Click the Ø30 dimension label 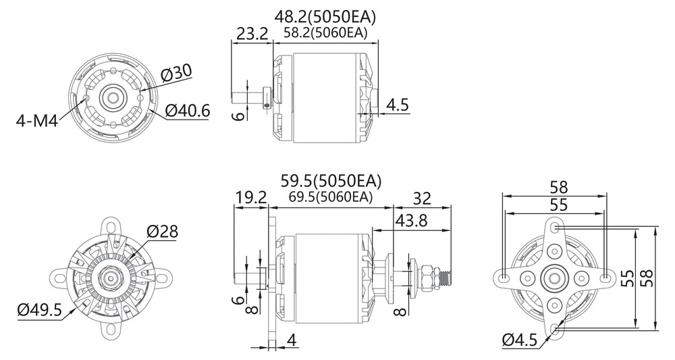pos(176,74)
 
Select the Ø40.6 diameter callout pos(187,111)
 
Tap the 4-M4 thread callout pos(36,121)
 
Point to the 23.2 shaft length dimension pos(252,33)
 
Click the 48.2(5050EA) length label pos(325,17)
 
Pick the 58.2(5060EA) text pos(325,33)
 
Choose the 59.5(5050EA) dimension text pos(331,181)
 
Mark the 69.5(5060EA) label pos(330,197)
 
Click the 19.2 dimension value pos(251,198)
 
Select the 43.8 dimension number pos(411,221)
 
